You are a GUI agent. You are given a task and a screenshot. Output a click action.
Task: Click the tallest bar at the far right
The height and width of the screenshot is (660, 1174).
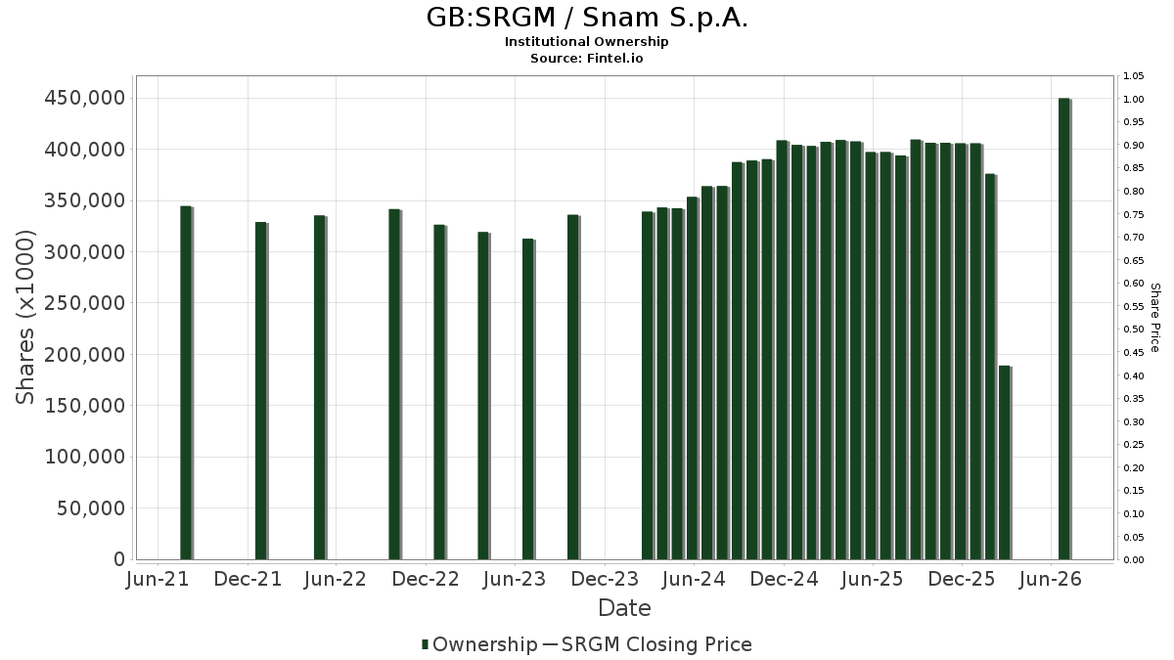click(x=1065, y=329)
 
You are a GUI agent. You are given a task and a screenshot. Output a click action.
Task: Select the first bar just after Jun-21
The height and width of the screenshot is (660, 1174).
click(x=187, y=383)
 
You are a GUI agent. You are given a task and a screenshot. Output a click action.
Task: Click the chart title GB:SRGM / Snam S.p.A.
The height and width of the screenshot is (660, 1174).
click(x=587, y=18)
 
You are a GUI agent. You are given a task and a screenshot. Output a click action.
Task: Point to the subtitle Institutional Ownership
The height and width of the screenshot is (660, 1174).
click(x=586, y=42)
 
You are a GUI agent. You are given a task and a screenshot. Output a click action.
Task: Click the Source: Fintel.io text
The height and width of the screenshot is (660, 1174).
click(x=586, y=58)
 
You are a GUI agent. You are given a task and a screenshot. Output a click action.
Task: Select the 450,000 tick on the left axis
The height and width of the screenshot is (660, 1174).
click(x=85, y=98)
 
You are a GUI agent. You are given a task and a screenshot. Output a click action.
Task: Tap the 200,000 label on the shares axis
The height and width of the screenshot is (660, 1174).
click(x=85, y=355)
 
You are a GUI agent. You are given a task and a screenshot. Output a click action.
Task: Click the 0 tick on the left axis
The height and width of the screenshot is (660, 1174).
click(x=119, y=559)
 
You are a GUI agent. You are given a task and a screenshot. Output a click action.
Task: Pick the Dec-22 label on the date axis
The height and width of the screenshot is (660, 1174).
click(x=426, y=579)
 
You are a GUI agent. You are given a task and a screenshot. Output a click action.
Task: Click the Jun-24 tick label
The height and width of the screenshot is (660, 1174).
click(x=694, y=579)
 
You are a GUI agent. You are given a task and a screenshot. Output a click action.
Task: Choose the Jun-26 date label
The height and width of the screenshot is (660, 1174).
click(x=1051, y=579)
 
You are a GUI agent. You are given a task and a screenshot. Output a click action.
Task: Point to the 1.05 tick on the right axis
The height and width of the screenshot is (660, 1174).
click(x=1133, y=76)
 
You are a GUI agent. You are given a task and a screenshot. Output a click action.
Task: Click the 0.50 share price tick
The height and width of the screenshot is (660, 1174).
click(x=1133, y=330)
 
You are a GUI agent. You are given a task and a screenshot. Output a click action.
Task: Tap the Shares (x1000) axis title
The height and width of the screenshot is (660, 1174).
click(x=24, y=318)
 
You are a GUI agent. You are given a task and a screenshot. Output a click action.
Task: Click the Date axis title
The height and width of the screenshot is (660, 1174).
click(x=624, y=608)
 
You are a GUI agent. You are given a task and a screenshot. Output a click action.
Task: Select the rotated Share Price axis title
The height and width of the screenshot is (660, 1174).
click(x=1155, y=318)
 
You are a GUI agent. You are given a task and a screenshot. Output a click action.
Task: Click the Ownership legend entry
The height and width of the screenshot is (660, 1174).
click(x=480, y=644)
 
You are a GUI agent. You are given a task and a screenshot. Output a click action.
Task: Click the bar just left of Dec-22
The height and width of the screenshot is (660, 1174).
click(x=395, y=384)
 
